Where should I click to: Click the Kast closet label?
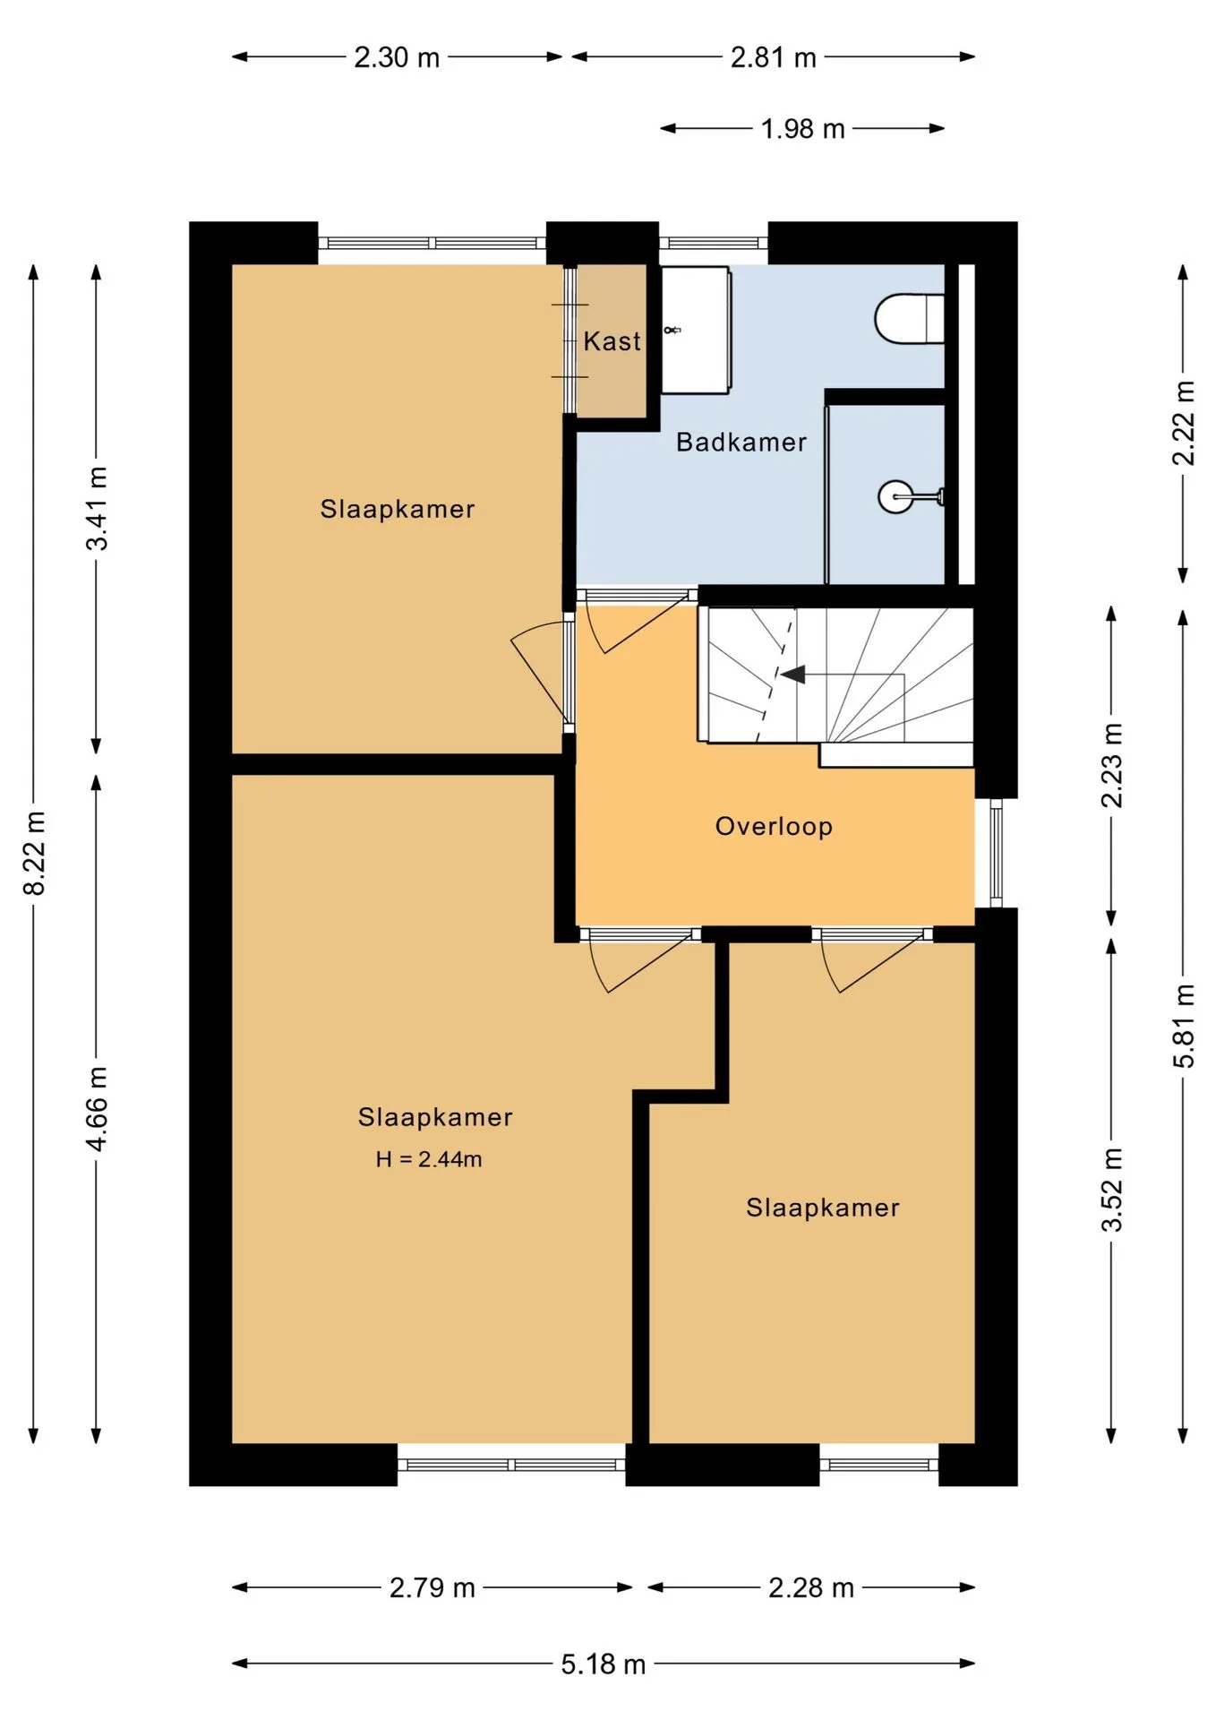tap(612, 341)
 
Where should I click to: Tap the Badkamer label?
tap(741, 442)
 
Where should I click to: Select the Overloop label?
tap(774, 826)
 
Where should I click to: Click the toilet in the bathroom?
tap(909, 319)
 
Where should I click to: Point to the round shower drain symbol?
tap(895, 495)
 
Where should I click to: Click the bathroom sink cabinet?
tap(695, 330)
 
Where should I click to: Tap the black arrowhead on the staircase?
tap(792, 674)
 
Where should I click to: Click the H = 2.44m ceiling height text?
tap(429, 1159)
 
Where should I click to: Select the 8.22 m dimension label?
tap(34, 853)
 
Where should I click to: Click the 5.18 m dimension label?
tap(604, 1664)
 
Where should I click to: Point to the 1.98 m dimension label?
tap(803, 129)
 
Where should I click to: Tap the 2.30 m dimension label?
tap(397, 57)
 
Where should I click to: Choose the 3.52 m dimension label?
tap(1111, 1190)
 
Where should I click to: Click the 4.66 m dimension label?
tap(97, 1108)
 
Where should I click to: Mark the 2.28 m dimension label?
tap(811, 1587)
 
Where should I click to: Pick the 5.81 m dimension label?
tap(1184, 1025)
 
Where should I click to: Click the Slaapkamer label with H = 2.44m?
tap(435, 1117)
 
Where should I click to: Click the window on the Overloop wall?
tap(996, 853)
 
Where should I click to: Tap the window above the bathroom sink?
tap(714, 243)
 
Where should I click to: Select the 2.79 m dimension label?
tap(432, 1587)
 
